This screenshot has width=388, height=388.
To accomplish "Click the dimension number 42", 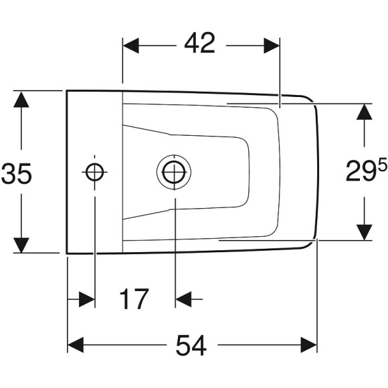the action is [200, 43].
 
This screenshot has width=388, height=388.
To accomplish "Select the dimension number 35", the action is [16, 173].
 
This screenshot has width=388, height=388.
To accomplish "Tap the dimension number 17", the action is [134, 299].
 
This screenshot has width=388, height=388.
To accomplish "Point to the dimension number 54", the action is [191, 345].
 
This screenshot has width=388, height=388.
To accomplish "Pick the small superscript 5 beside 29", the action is [382, 165].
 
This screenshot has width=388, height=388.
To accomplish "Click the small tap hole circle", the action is [94, 172].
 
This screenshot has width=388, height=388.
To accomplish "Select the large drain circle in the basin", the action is [174, 172].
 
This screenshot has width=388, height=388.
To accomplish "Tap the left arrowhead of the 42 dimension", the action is [131, 45].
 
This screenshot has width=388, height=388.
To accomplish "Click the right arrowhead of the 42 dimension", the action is [272, 45].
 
